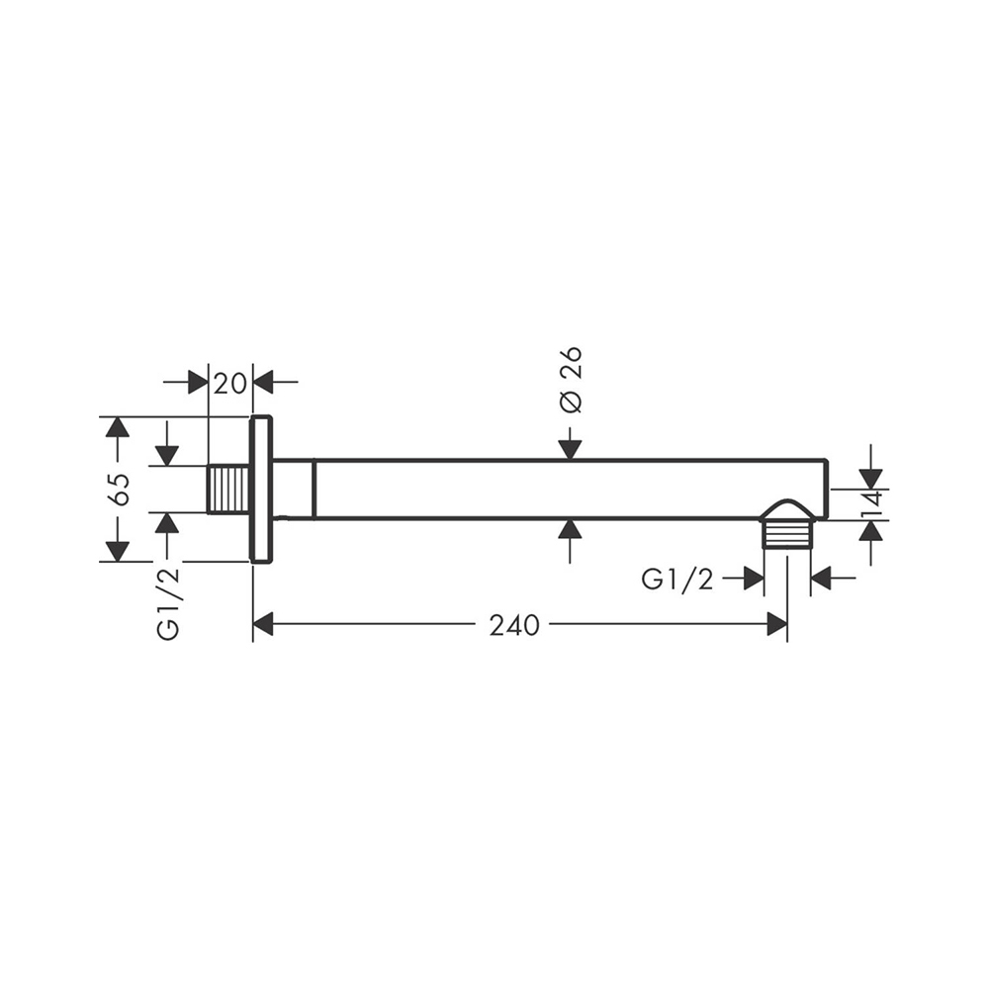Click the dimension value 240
[514, 625]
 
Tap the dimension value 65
[120, 489]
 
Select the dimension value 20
[229, 383]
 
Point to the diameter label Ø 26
[572, 381]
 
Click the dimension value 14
[871, 504]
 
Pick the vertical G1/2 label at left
[168, 603]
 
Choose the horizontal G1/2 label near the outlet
[677, 579]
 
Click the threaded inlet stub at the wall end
[229, 489]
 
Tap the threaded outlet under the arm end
[786, 535]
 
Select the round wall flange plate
[262, 489]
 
